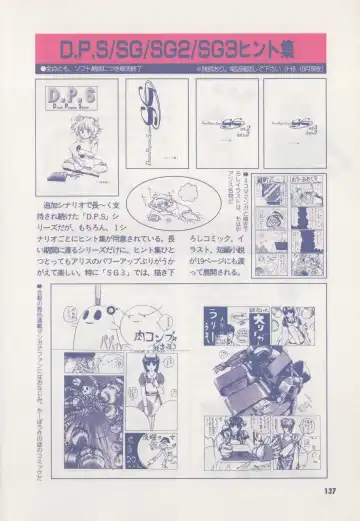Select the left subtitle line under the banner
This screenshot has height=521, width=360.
(x=100, y=67)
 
